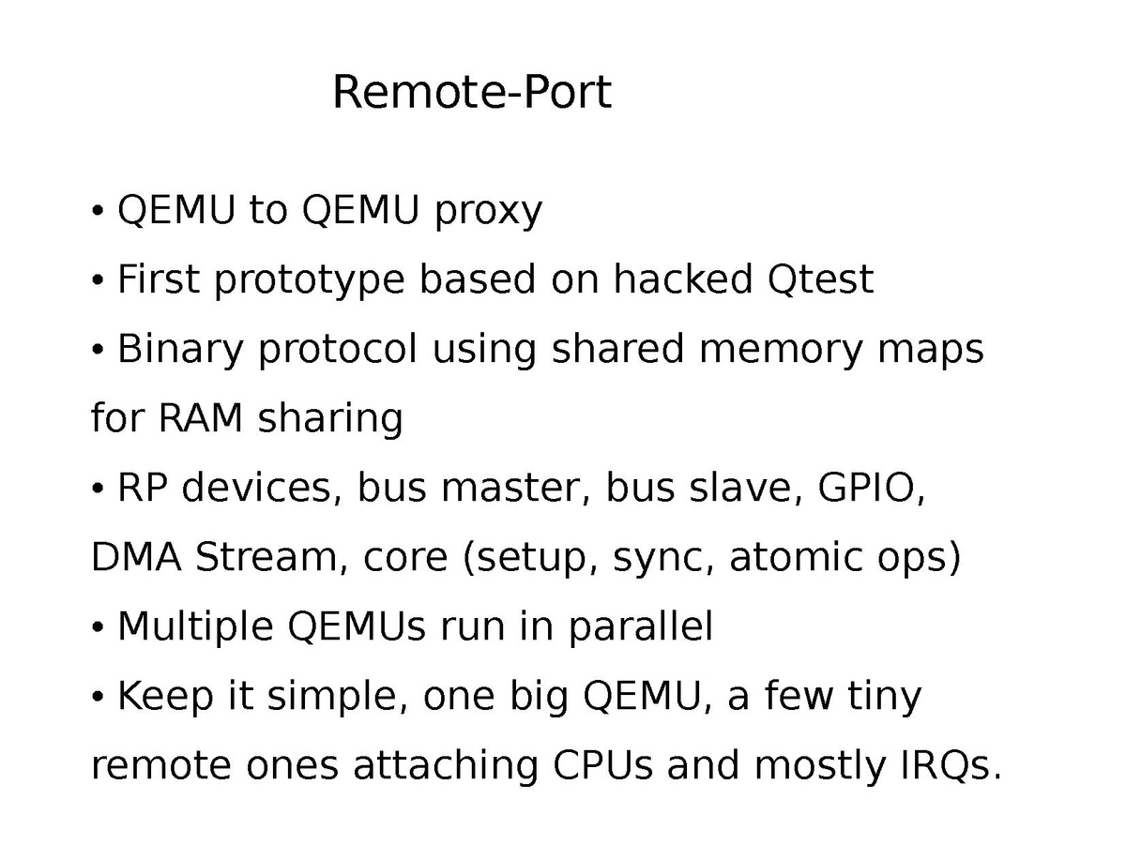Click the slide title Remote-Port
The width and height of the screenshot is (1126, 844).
471,93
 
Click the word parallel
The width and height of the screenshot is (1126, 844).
640,627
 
